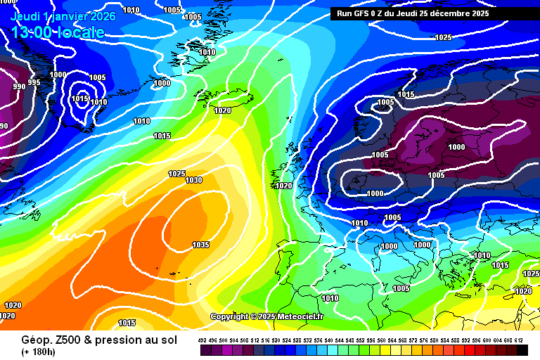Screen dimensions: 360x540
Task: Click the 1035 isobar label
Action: click(200, 245)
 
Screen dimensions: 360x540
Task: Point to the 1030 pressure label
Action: click(193, 181)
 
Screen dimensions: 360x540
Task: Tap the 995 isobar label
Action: click(34, 83)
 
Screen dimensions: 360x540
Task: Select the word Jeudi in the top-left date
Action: click(25, 16)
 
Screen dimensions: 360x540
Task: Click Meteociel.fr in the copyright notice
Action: click(300, 317)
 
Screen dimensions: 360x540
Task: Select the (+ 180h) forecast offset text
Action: click(39, 351)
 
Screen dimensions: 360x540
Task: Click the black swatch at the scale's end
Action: click(522, 349)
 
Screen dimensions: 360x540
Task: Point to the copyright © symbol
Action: click(252, 317)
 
